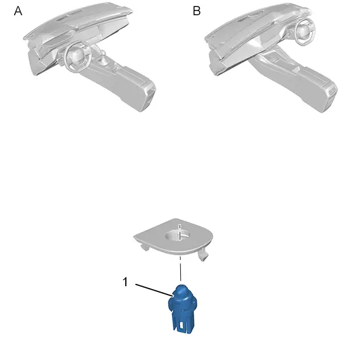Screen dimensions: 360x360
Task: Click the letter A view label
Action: (x=18, y=11)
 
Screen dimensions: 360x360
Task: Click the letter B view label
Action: (x=197, y=11)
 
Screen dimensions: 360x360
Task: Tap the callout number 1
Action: (x=125, y=282)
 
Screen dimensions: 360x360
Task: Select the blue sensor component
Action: (x=183, y=309)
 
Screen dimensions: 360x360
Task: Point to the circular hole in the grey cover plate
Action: (x=177, y=235)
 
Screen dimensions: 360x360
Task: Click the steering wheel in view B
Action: (x=305, y=32)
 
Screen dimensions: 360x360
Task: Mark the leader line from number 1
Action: (x=154, y=290)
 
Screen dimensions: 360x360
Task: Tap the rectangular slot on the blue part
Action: (x=182, y=325)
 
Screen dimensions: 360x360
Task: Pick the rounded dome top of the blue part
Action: (x=182, y=290)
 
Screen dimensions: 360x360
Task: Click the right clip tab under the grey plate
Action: (x=203, y=255)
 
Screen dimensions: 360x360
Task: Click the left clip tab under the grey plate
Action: (x=145, y=247)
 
